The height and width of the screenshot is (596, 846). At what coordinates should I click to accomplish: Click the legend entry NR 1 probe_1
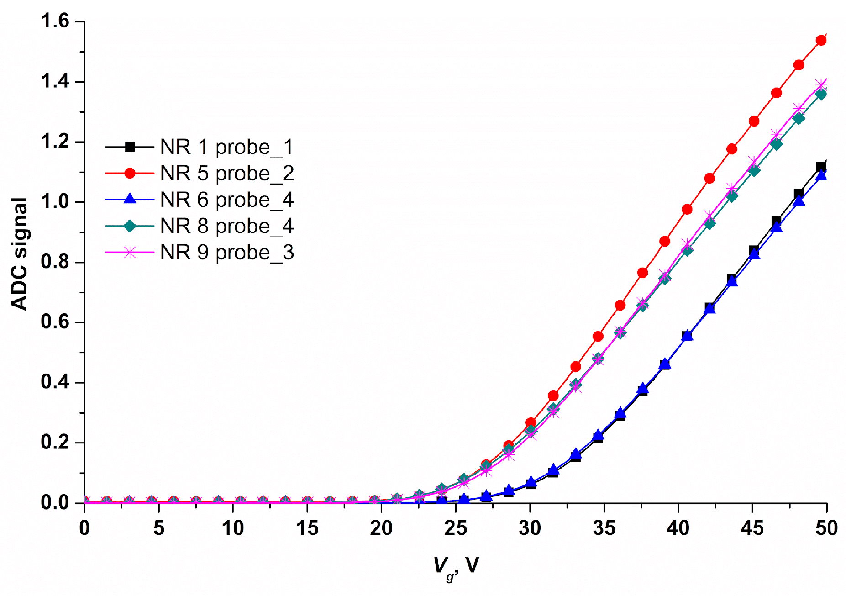click(x=226, y=147)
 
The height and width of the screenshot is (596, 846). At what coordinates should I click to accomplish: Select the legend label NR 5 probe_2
click(x=226, y=174)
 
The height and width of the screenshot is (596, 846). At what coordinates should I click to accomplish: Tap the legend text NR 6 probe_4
click(x=226, y=200)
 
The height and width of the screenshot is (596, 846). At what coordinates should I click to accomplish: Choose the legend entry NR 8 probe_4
click(x=226, y=226)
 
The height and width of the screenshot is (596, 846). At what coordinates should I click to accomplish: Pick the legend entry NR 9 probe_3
click(x=226, y=253)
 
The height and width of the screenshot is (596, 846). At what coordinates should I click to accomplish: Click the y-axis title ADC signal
click(x=19, y=254)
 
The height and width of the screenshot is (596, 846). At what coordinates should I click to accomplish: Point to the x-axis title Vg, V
click(x=455, y=566)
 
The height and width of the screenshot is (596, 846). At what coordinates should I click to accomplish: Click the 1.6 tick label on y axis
click(x=55, y=21)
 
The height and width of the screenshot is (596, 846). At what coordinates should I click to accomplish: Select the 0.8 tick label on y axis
click(x=55, y=262)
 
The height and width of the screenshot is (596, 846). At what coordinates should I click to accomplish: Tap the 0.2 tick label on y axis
click(x=55, y=443)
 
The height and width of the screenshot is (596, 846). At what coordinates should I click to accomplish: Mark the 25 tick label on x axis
click(x=456, y=528)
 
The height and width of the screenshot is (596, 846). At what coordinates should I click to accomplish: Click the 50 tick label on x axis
click(x=826, y=528)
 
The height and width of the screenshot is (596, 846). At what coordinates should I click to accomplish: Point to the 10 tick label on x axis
click(x=233, y=528)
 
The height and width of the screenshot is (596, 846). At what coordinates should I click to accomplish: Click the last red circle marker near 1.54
click(x=821, y=40)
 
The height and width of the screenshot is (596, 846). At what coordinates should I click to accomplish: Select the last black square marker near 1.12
click(x=821, y=167)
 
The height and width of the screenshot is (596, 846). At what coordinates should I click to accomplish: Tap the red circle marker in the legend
click(x=130, y=173)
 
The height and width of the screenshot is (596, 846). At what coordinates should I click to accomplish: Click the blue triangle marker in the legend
click(x=130, y=199)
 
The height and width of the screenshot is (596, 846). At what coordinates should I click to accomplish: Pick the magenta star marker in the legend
click(x=130, y=253)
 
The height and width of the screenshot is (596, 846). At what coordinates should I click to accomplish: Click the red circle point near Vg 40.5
click(x=687, y=210)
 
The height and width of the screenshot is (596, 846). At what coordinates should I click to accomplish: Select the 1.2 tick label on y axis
click(x=55, y=142)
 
